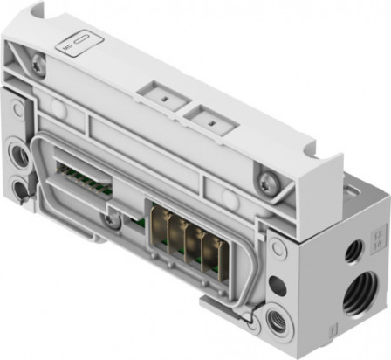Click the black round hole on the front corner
point(277,286)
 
